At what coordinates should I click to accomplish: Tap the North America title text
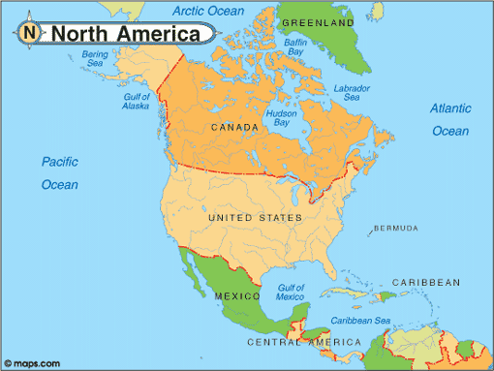tap(132, 34)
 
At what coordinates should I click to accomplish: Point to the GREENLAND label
tap(318, 20)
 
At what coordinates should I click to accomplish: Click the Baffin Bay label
tap(295, 48)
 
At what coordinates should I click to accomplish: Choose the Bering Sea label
tap(96, 60)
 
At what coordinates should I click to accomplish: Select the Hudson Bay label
tap(282, 119)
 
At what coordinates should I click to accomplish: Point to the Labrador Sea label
tap(352, 93)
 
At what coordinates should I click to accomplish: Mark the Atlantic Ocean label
tap(450, 119)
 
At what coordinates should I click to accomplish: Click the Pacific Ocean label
tap(59, 172)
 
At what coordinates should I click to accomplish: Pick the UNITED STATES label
tap(249, 217)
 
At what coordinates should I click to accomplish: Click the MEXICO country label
tap(236, 294)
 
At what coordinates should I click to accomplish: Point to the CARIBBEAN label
tap(425, 282)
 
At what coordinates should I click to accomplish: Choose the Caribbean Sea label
tap(360, 321)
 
